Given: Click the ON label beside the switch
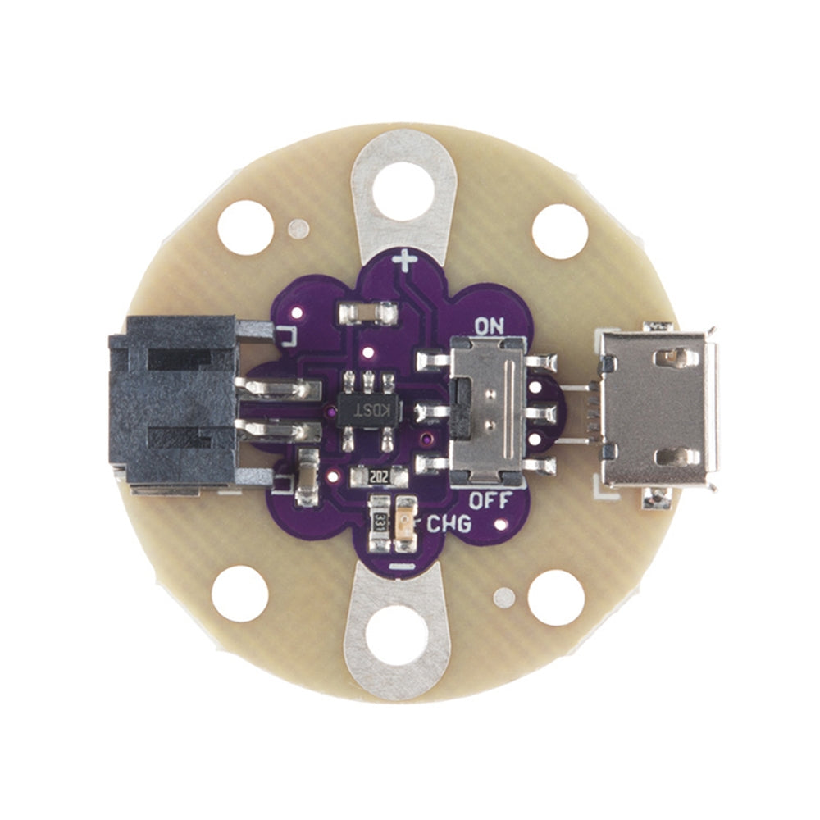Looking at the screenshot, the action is [x=489, y=326].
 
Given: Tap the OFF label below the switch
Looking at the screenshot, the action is [x=490, y=500].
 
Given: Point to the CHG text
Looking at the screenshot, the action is [x=449, y=524].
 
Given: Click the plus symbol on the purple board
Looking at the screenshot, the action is [x=405, y=261].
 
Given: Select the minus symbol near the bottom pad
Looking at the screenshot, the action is [x=402, y=567].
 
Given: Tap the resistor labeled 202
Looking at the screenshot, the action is [x=379, y=476].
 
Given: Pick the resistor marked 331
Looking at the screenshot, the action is [x=380, y=523].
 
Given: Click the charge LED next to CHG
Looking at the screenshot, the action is [x=406, y=523].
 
